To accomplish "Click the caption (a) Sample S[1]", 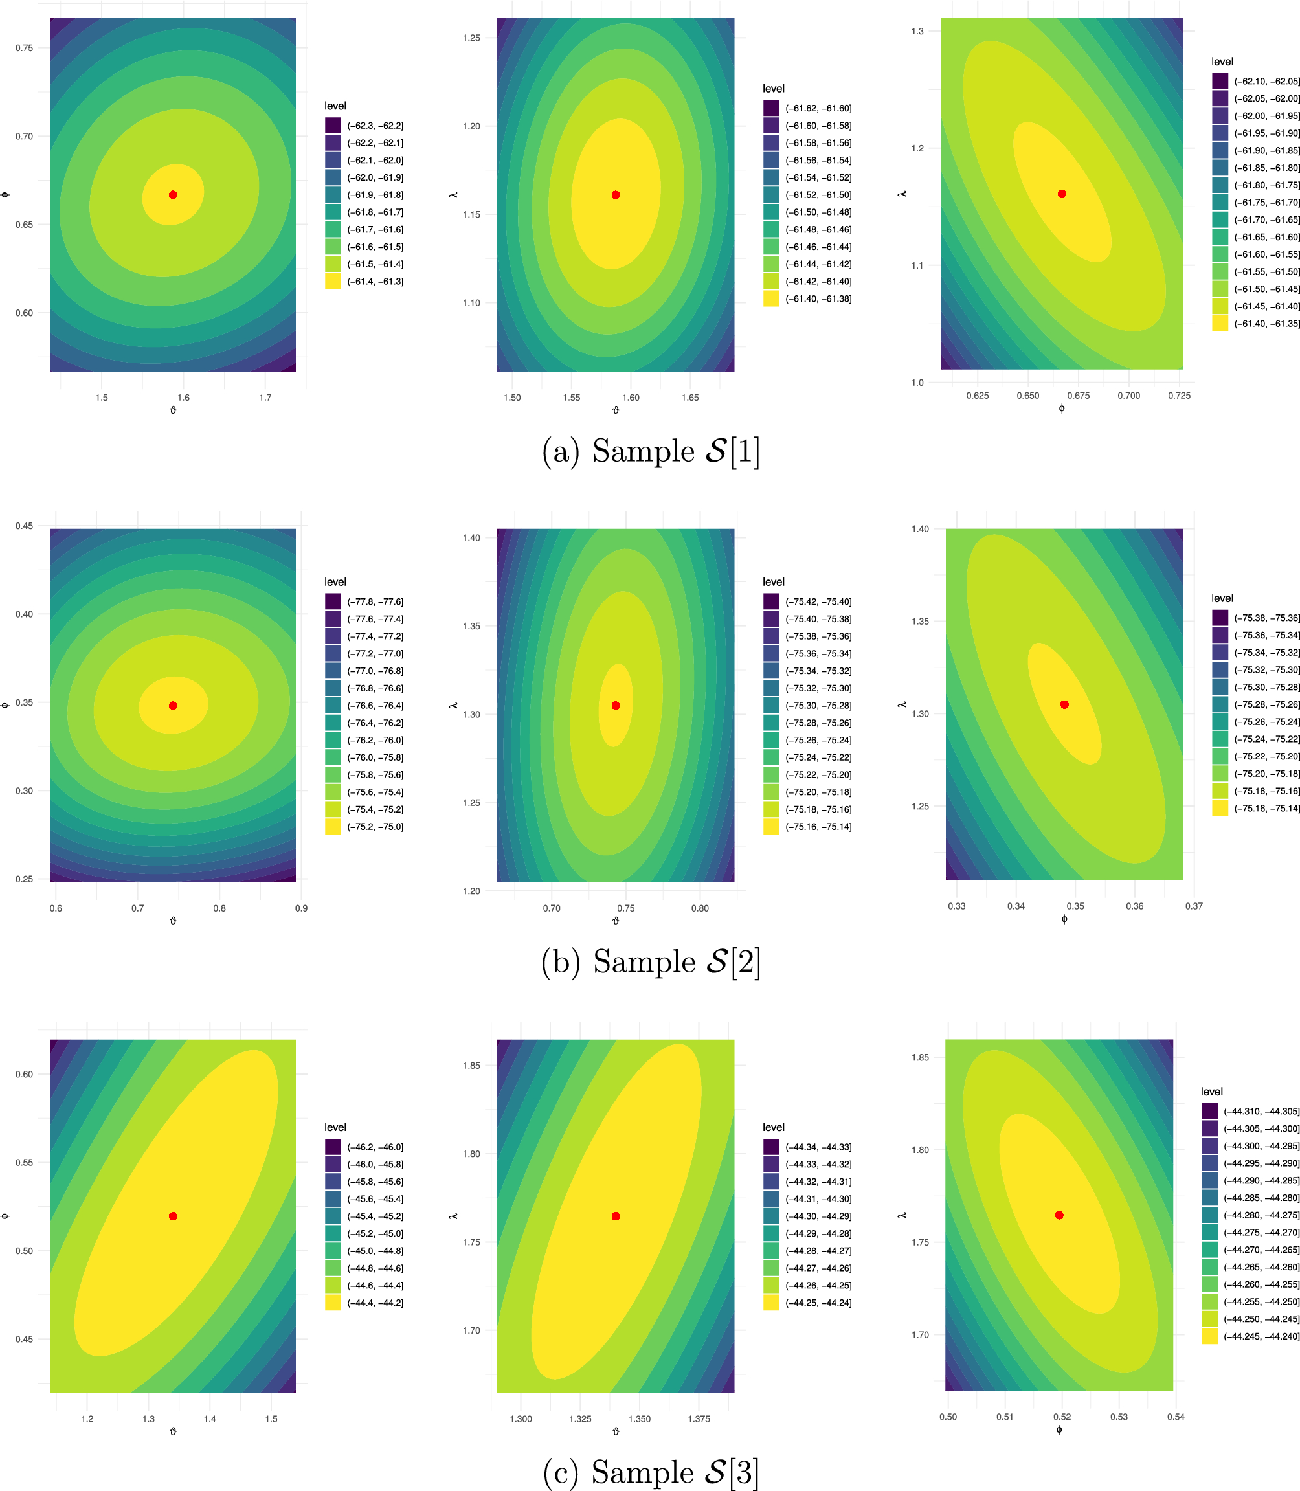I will tap(651, 451).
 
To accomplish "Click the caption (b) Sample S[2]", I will tap(651, 962).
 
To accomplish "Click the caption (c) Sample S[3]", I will tap(651, 1473).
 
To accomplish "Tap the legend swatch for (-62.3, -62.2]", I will tap(333, 126).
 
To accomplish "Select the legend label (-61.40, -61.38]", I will tap(818, 299).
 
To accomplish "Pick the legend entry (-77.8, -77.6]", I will tap(375, 601).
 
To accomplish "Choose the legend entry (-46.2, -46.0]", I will tap(375, 1147).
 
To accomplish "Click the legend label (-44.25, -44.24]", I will tap(818, 1303).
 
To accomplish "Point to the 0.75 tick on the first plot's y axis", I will tap(24, 48).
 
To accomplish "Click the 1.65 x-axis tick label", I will tap(690, 398).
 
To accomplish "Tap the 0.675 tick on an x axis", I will tap(1078, 396).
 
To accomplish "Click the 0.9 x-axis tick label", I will tap(301, 908).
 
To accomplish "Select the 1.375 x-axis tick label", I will tap(699, 1419).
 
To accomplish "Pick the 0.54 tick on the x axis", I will tap(1176, 1417).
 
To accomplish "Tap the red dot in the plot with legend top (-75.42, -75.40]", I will tap(616, 705).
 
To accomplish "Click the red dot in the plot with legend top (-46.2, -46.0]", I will tap(173, 1216).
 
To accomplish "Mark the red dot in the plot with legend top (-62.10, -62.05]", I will tap(1062, 194).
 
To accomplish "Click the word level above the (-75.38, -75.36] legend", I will tap(1222, 599).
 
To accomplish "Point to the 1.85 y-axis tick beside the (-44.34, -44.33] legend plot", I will tap(471, 1066).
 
